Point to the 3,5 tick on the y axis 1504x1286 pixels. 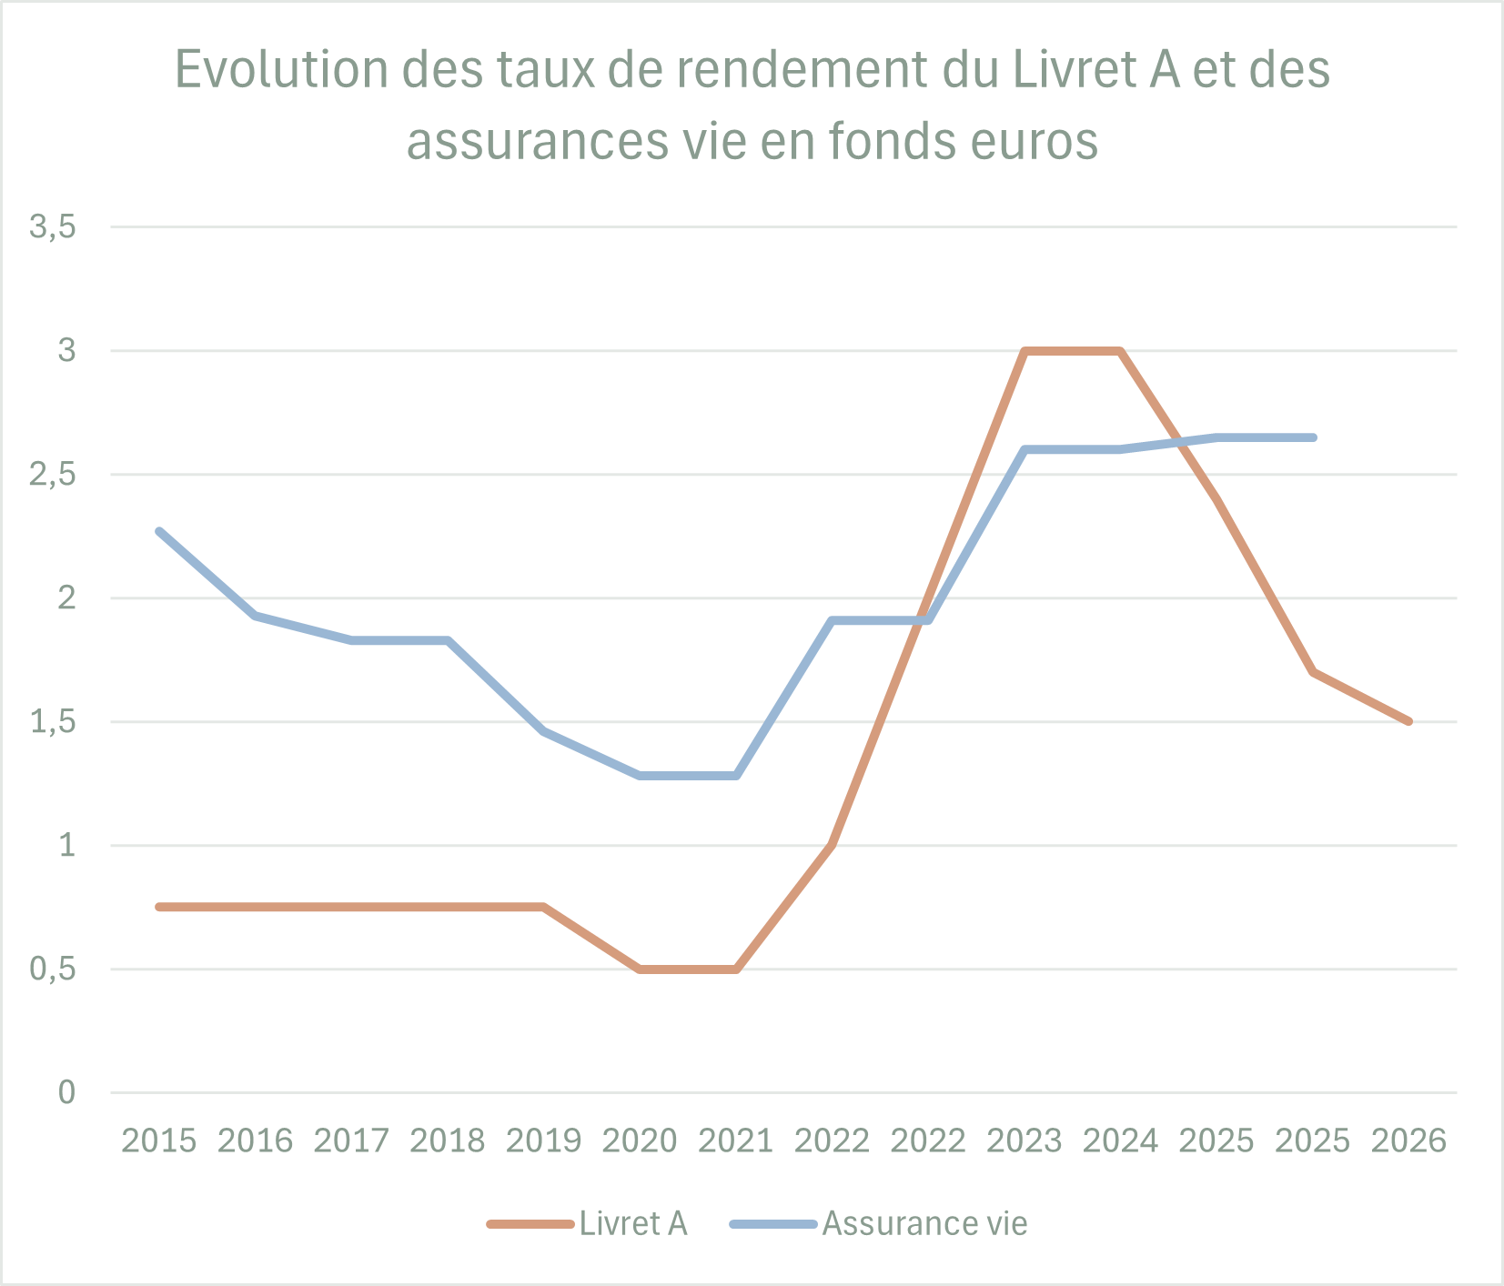(52, 227)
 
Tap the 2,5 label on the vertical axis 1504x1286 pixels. (52, 475)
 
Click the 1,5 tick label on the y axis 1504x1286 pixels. (52, 722)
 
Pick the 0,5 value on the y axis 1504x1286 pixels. (52, 970)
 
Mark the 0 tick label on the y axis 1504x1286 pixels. (66, 1092)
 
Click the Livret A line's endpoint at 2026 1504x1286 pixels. (1408, 721)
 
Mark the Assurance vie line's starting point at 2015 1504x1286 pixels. (159, 531)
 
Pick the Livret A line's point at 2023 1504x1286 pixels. (1025, 351)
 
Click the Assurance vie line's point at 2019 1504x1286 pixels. (543, 731)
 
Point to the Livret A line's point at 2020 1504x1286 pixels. (640, 970)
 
